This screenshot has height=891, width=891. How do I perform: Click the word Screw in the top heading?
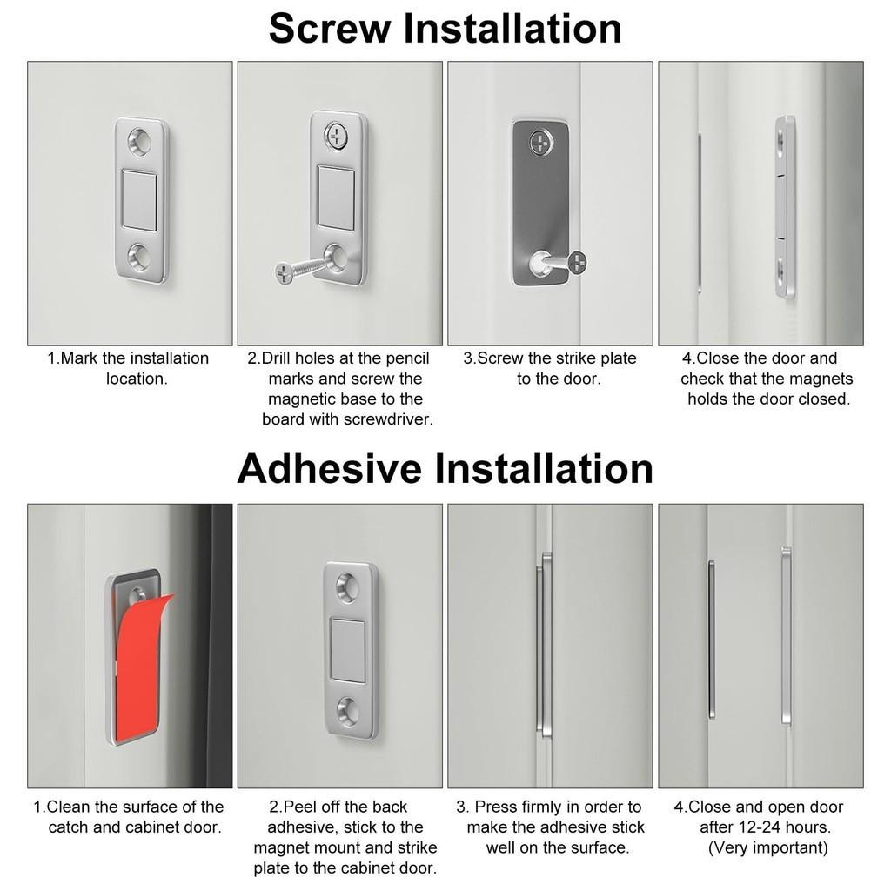[330, 29]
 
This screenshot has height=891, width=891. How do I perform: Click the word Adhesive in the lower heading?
[329, 469]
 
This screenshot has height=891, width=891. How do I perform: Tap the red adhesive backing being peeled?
[139, 666]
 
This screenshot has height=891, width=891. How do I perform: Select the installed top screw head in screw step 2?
[336, 135]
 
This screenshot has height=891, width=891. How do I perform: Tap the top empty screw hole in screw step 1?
[139, 139]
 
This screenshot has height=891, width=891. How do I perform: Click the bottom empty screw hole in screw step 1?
[139, 257]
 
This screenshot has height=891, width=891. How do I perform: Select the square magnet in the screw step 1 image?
[139, 199]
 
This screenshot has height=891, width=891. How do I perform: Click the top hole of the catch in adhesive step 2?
[348, 589]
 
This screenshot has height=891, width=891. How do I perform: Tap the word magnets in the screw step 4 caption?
[821, 379]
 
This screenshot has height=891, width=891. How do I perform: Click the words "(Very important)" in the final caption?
[767, 847]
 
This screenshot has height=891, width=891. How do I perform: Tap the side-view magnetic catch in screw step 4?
[785, 207]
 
